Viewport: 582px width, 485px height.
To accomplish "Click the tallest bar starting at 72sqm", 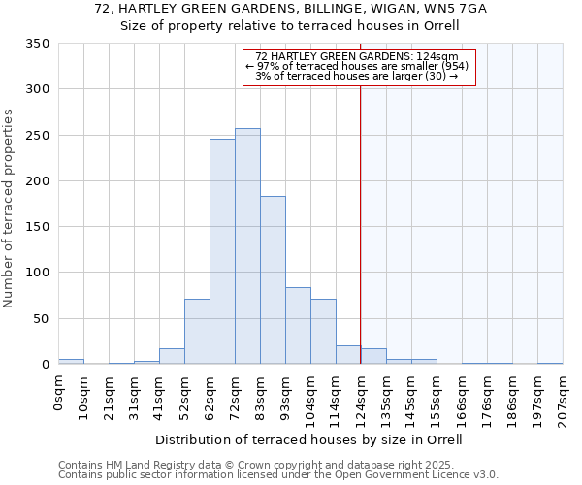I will pyautogui.click(x=247, y=246).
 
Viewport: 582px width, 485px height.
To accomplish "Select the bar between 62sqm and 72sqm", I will pyautogui.click(x=222, y=251).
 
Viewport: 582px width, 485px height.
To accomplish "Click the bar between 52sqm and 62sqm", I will pyautogui.click(x=197, y=332).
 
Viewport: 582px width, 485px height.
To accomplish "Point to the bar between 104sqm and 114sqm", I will pyautogui.click(x=323, y=332).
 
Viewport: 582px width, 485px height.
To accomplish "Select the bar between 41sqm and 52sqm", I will pyautogui.click(x=172, y=356).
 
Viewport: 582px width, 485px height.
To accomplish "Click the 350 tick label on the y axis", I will pyautogui.click(x=37, y=44).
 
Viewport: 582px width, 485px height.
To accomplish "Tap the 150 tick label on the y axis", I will pyautogui.click(x=37, y=227).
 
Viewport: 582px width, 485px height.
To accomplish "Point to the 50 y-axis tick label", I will pyautogui.click(x=41, y=319).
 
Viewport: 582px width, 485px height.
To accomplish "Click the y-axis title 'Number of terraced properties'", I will pyautogui.click(x=10, y=209).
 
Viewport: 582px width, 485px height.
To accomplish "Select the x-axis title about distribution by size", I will pyautogui.click(x=308, y=439).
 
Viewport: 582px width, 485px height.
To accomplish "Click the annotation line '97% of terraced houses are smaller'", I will pyautogui.click(x=358, y=66).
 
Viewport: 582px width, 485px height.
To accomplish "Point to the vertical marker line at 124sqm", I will pyautogui.click(x=361, y=213).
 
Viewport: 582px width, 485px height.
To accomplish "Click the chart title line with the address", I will pyautogui.click(x=291, y=9).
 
